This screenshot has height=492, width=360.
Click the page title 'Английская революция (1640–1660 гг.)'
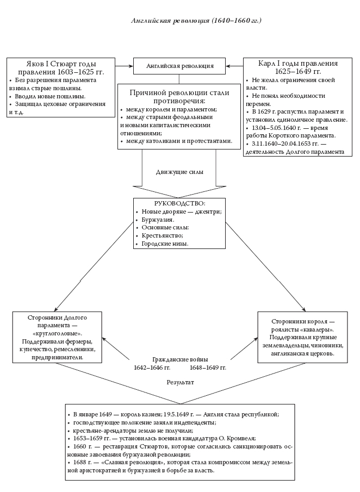[196, 21]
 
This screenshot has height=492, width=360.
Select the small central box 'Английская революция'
[180, 66]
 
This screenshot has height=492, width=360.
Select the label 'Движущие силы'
[179, 172]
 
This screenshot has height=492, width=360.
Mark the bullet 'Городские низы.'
[165, 244]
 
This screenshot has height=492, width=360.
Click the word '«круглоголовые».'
[57, 333]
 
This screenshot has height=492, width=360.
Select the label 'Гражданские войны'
[179, 360]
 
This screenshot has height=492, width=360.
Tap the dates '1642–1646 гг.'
[152, 368]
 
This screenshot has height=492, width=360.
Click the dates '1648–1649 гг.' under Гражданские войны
[207, 368]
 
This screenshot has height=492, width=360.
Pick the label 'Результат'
[180, 383]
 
